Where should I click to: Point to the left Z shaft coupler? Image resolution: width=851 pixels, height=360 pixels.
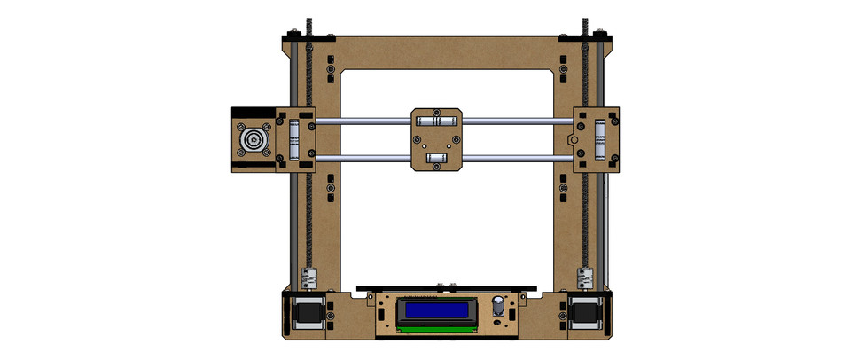pos(308,277)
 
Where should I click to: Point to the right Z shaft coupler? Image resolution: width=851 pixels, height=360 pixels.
pos(585,277)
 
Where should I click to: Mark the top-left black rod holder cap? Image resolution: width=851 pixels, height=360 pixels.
pos(308,38)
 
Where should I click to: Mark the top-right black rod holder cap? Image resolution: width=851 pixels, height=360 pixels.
pos(586,38)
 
